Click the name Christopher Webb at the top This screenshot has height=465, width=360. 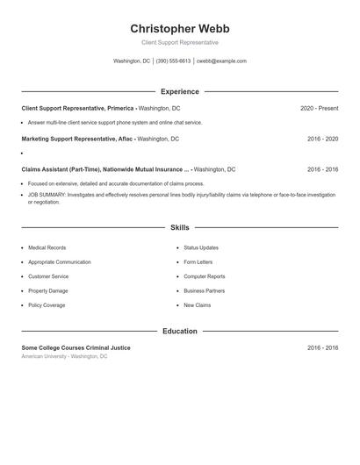179,28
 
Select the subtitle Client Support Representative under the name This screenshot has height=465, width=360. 179,42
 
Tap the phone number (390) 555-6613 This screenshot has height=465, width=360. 173,61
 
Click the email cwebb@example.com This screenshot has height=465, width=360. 221,61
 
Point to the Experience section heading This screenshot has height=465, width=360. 179,91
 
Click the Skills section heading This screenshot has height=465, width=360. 179,227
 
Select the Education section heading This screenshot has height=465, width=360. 179,332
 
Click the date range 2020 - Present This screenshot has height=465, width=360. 319,108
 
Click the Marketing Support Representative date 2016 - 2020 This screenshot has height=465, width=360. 322,139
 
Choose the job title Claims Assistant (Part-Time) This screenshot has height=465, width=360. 59,169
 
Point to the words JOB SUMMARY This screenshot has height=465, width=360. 45,195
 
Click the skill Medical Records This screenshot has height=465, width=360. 47,248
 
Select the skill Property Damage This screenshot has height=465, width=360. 47,290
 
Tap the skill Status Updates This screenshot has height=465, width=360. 201,248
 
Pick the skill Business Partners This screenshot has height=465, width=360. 204,290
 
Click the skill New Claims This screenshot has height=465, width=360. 197,305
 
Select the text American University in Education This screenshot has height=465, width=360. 45,357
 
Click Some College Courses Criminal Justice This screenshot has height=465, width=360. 76,347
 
